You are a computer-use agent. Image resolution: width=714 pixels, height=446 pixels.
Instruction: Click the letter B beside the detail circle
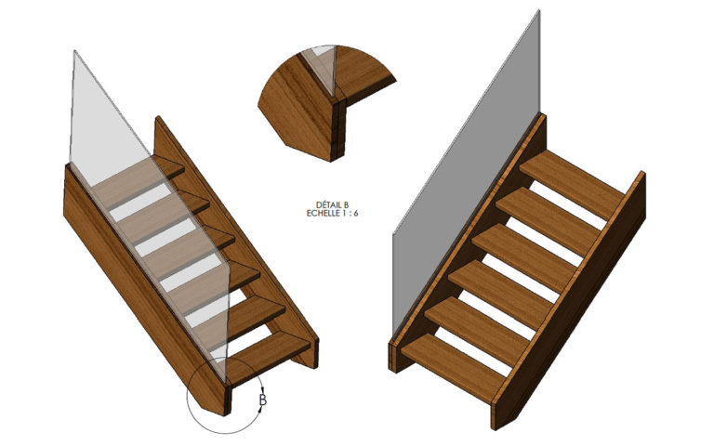click(x=263, y=400)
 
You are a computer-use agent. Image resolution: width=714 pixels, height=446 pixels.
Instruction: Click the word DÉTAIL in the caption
click(x=326, y=205)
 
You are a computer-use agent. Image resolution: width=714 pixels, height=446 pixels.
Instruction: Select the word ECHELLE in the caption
click(x=322, y=213)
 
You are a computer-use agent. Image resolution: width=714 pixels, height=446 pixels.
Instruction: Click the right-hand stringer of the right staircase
click(x=569, y=300)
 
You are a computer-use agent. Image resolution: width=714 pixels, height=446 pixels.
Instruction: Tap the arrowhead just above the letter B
click(x=263, y=389)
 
